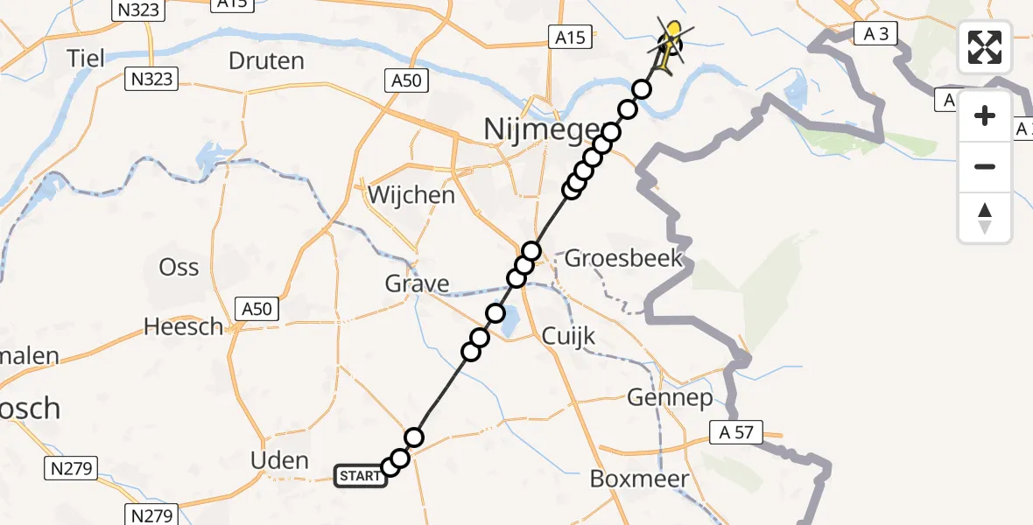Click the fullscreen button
tap(985, 47)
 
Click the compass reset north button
tap(985, 218)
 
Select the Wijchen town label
tap(411, 195)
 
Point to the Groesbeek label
tap(623, 258)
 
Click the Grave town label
tap(418, 283)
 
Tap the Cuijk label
tap(568, 335)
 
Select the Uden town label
tap(279, 460)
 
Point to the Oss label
tap(179, 267)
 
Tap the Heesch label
tap(184, 326)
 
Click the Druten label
tap(266, 61)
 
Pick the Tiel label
tap(87, 59)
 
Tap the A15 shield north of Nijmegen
tap(571, 38)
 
